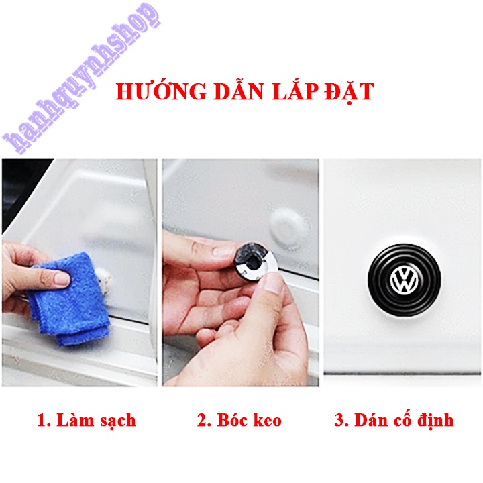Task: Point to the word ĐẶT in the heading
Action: coord(346,91)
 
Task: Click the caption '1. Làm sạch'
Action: coord(86,421)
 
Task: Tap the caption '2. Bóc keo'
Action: coord(239,421)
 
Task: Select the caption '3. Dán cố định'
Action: coord(394,421)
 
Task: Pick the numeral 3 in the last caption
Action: coord(339,421)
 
